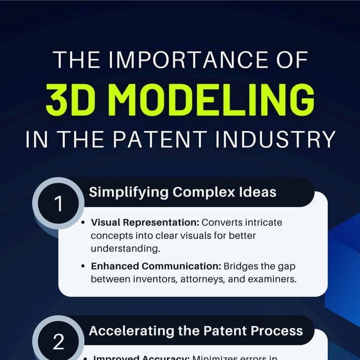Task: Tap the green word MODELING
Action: [219, 100]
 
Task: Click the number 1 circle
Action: [59, 204]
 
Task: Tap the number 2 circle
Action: [59, 341]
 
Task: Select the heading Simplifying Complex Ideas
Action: [182, 192]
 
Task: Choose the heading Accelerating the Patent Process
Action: [196, 331]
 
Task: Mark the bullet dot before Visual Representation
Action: [83, 223]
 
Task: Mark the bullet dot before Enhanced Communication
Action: [83, 265]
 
